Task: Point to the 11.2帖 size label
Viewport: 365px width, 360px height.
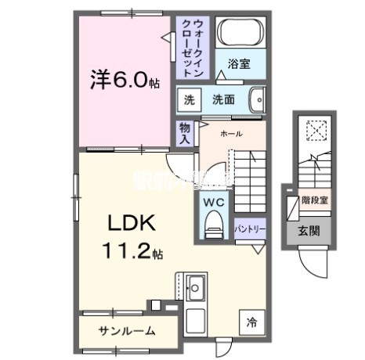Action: point(131,252)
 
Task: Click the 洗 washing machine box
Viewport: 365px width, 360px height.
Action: point(188,99)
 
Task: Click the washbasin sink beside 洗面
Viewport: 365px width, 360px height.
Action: point(256,99)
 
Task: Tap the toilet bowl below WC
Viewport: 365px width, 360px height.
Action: point(214,227)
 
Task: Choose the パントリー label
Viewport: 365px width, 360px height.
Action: point(251,229)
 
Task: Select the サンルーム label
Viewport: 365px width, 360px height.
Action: point(125,331)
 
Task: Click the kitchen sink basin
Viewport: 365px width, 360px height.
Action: point(195,284)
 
